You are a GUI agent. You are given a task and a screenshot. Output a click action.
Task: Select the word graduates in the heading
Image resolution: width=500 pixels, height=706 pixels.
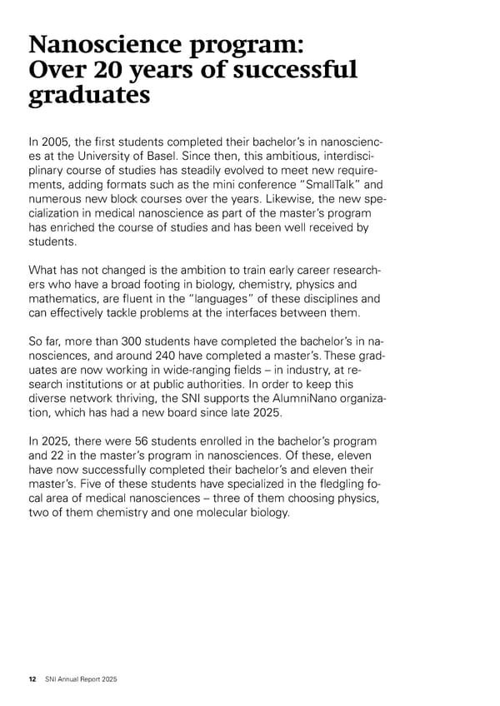(89, 97)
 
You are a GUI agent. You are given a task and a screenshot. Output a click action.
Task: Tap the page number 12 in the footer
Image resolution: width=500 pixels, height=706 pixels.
(32, 679)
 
